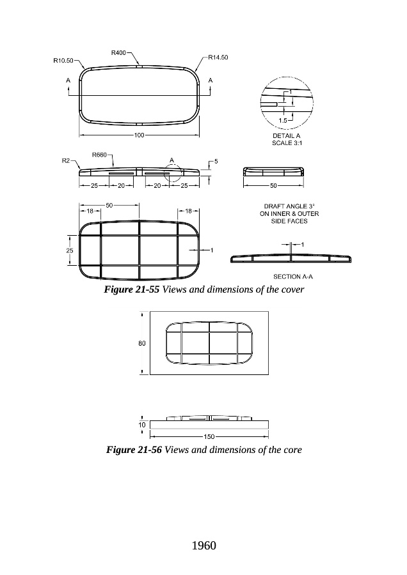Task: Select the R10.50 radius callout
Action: (x=63, y=61)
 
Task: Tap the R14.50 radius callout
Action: (x=219, y=57)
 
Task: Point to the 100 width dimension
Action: (x=140, y=135)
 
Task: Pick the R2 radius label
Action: (x=65, y=161)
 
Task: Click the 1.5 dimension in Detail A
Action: (x=282, y=119)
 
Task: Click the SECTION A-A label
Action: (x=292, y=277)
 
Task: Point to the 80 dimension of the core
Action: (x=141, y=343)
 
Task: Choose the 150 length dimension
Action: (x=209, y=436)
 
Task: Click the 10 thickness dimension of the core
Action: (x=141, y=424)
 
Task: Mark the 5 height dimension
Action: (x=216, y=162)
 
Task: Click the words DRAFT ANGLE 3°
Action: (x=283, y=206)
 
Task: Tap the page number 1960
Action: (x=203, y=545)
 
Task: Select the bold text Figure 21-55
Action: (x=132, y=290)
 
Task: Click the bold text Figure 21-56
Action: (x=134, y=450)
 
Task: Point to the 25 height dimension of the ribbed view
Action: (x=70, y=250)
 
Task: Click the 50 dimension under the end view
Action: (x=273, y=185)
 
